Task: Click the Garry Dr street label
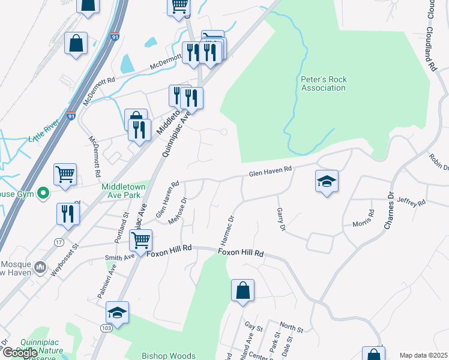tap(280, 220)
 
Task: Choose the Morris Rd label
tap(372, 218)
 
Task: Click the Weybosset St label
tap(65, 259)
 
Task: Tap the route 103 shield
tap(106, 328)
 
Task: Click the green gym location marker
tap(43, 194)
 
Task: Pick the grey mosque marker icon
tap(40, 266)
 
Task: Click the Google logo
tap(19, 353)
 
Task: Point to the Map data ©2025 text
tap(423, 355)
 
